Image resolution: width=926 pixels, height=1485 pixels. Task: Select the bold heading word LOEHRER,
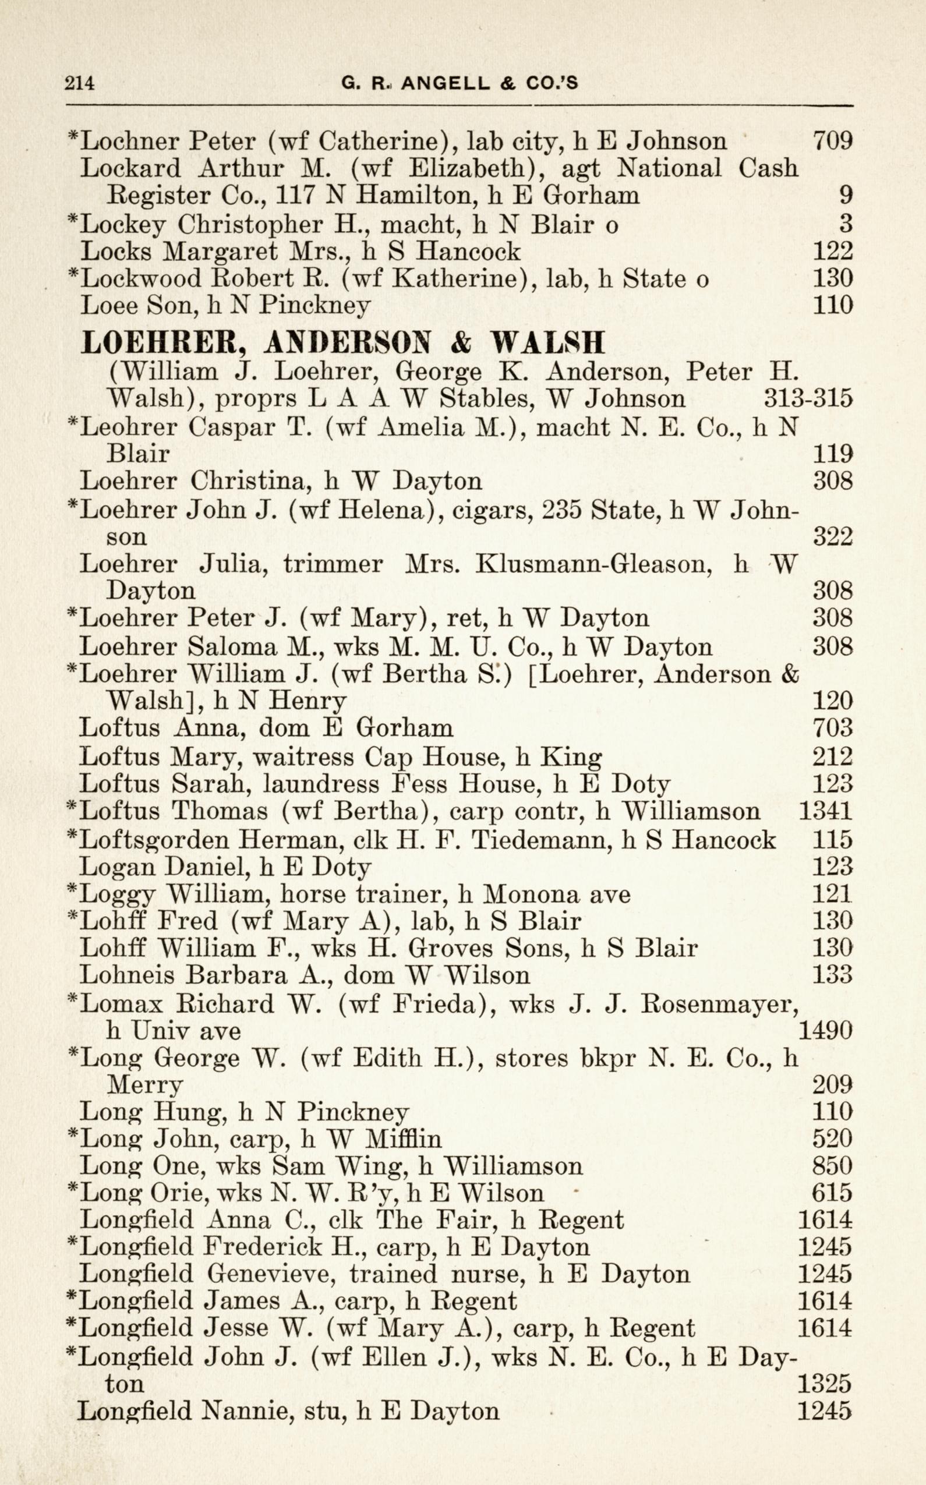164,343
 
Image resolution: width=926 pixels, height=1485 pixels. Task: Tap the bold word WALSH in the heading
549,343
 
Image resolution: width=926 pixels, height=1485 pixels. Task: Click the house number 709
832,141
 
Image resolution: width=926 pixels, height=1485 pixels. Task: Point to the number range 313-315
808,399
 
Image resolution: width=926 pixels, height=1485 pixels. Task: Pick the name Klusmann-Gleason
593,563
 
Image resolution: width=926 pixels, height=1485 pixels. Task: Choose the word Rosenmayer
719,1003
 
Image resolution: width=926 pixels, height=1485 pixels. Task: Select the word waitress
303,757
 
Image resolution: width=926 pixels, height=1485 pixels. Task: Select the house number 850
832,1165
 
